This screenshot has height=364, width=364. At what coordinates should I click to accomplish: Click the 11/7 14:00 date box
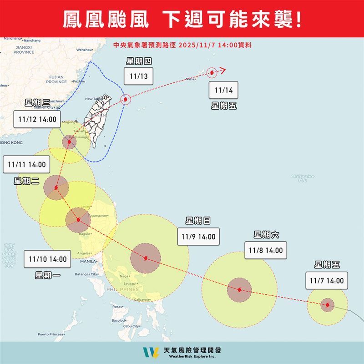(x=326, y=281)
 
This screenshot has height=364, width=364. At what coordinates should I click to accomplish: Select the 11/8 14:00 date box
(x=266, y=250)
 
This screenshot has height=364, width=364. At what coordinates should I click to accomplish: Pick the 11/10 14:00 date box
(x=47, y=259)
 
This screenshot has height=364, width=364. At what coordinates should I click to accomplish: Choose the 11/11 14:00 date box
(x=26, y=164)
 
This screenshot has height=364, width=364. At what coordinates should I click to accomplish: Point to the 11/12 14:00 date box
(x=38, y=120)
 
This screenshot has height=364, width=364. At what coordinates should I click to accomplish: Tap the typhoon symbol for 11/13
(x=126, y=100)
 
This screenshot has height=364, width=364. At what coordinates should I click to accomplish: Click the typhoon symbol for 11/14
(x=212, y=72)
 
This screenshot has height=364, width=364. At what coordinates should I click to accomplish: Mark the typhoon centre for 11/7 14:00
(x=327, y=305)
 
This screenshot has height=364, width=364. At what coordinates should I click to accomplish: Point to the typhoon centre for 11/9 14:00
(x=145, y=259)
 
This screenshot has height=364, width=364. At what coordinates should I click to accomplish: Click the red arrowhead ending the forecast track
(x=222, y=70)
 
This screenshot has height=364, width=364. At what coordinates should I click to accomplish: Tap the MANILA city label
(x=88, y=262)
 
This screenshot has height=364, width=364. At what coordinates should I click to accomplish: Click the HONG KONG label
(x=11, y=143)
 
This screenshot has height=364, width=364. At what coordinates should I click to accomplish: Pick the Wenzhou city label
(x=85, y=50)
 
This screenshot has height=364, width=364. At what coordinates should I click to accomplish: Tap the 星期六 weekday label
(x=267, y=235)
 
